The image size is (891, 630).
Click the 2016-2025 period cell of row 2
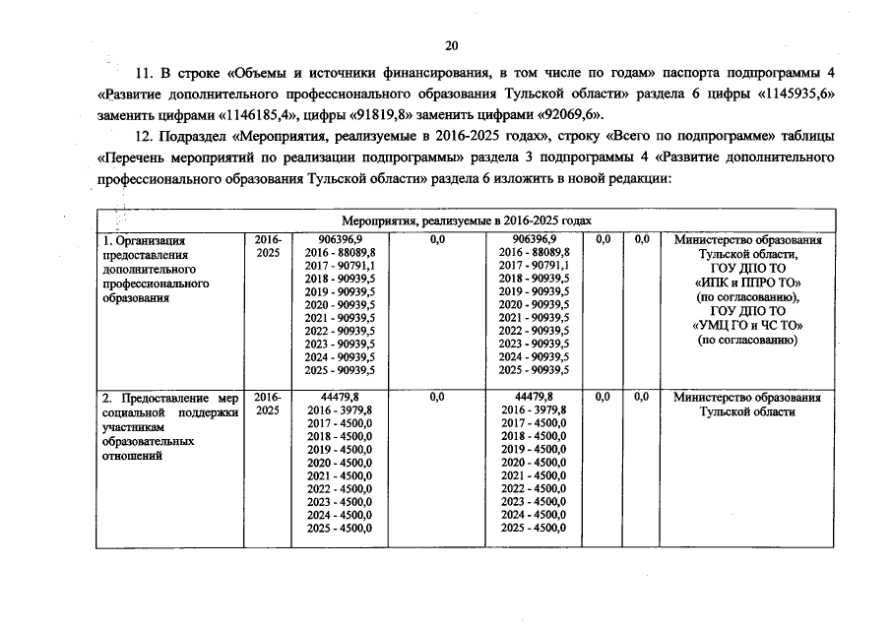(x=268, y=404)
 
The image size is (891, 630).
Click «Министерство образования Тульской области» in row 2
(x=747, y=405)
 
